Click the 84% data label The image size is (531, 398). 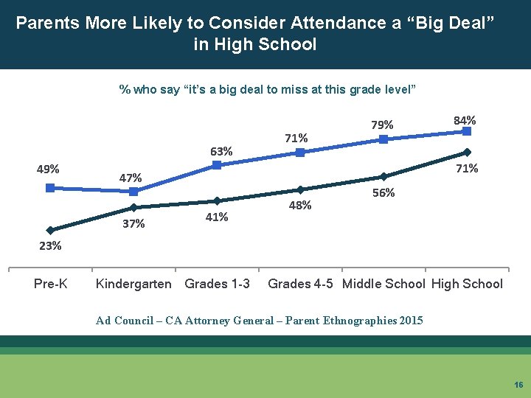[465, 119]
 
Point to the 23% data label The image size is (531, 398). [50, 246]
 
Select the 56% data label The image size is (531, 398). [383, 192]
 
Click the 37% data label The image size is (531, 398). [133, 224]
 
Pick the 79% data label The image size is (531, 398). [382, 125]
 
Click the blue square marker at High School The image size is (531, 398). [466, 131]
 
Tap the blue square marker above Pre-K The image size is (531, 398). [50, 188]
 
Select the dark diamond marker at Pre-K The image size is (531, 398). [50, 230]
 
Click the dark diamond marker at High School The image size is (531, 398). [466, 153]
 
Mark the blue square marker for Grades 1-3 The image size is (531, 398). [217, 165]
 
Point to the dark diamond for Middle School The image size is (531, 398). [383, 176]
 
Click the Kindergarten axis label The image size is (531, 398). [133, 284]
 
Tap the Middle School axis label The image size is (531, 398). [384, 284]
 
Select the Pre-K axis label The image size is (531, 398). [50, 284]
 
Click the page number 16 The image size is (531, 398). [518, 385]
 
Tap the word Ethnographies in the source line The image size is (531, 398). [355, 320]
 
